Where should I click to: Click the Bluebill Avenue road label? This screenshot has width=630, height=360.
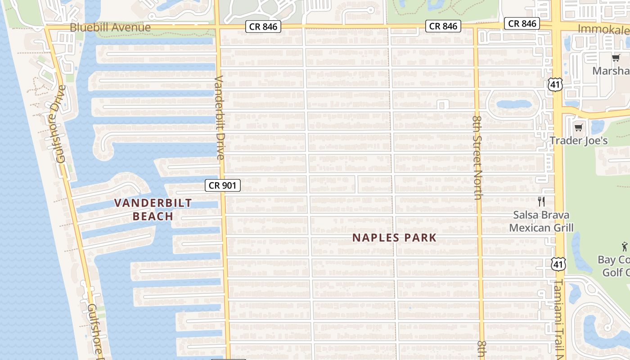[110, 27]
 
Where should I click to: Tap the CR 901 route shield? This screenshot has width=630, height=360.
[223, 185]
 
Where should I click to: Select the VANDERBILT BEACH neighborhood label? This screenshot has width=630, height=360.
[153, 209]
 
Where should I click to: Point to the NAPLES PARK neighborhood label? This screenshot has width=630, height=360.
[394, 238]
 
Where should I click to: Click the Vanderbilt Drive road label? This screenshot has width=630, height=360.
[219, 117]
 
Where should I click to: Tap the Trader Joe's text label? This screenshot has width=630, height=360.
[579, 140]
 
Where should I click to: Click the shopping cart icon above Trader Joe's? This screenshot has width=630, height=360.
[579, 127]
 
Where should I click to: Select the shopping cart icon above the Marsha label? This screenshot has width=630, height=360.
[616, 58]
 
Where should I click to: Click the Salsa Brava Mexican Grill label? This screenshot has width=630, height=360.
[541, 221]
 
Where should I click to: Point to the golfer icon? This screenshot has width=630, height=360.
[625, 246]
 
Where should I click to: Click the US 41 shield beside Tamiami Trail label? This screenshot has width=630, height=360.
[558, 264]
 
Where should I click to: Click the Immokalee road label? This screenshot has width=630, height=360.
[603, 29]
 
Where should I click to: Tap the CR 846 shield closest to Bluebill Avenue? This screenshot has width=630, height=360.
[264, 27]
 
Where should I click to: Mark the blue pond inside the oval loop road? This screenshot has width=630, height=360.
[514, 104]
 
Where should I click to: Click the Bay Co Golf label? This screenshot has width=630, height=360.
[615, 266]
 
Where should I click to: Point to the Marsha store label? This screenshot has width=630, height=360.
[611, 71]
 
